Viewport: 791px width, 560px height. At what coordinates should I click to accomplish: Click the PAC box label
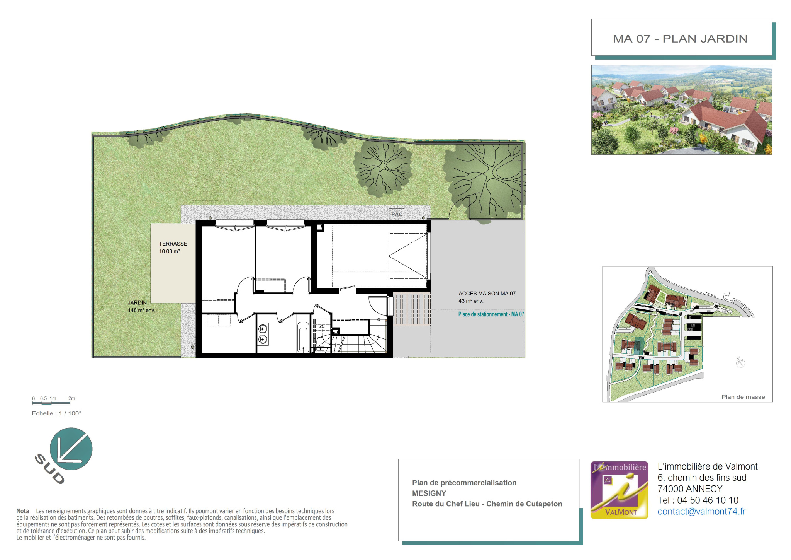pyautogui.click(x=397, y=214)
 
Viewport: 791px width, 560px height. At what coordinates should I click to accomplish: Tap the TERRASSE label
pyautogui.click(x=173, y=244)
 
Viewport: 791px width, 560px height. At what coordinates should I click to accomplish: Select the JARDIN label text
pyautogui.click(x=137, y=303)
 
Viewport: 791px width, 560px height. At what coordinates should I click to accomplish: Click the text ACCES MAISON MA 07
pyautogui.click(x=487, y=294)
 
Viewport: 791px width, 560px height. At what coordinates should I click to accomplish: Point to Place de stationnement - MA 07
pyautogui.click(x=491, y=314)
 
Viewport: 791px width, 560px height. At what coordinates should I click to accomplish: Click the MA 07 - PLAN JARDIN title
pyautogui.click(x=680, y=39)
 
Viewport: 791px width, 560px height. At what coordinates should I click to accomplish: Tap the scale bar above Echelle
pyautogui.click(x=51, y=403)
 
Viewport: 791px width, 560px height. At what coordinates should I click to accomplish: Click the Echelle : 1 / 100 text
pyautogui.click(x=56, y=413)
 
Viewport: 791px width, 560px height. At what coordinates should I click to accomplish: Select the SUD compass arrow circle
pyautogui.click(x=71, y=449)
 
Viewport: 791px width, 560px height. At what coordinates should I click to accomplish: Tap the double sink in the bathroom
pyautogui.click(x=263, y=334)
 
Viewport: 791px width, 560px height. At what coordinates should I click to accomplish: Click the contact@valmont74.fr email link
pyautogui.click(x=701, y=511)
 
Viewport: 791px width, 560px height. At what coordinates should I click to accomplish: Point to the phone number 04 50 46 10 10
pyautogui.click(x=708, y=500)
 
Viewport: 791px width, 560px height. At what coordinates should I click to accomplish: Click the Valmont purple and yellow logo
pyautogui.click(x=619, y=490)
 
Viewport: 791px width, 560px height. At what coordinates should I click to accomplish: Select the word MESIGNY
pyautogui.click(x=429, y=493)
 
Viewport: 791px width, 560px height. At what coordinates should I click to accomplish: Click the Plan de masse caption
pyautogui.click(x=743, y=397)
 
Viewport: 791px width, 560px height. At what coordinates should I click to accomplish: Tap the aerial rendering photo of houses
pyautogui.click(x=682, y=110)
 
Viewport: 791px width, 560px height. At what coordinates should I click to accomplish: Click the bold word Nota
pyautogui.click(x=23, y=511)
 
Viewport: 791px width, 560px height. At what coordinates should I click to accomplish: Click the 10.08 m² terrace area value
pyautogui.click(x=170, y=251)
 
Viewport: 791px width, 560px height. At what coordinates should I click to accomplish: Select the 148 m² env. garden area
pyautogui.click(x=141, y=310)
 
